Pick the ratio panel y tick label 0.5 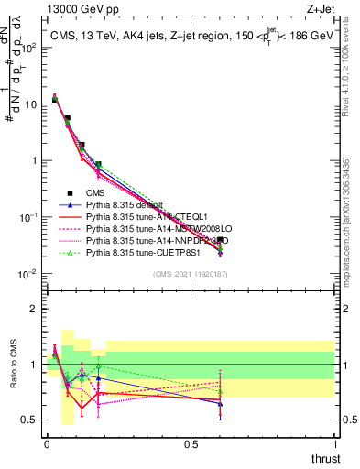coord(29,420)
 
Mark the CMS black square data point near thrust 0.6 coord(220,240)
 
